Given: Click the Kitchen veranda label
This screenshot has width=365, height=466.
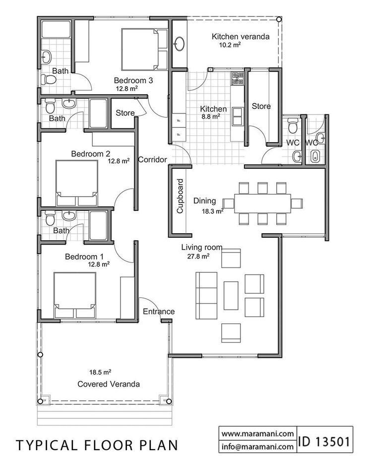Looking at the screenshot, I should click(x=234, y=37).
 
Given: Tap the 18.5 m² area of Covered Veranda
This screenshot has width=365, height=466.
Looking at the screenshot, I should click(x=100, y=371).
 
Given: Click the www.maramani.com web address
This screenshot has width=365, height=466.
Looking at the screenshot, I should click(x=257, y=433).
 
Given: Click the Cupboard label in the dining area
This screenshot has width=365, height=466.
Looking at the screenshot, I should click(x=180, y=196).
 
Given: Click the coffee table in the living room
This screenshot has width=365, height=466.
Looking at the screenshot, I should click(x=231, y=296).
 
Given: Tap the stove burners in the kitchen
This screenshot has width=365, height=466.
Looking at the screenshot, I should click(x=236, y=78).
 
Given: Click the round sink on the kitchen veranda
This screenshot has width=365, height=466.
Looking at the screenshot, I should click(x=179, y=44).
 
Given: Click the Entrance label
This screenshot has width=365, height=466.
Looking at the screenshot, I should click(x=159, y=311).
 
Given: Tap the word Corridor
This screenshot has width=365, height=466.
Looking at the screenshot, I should click(x=152, y=159).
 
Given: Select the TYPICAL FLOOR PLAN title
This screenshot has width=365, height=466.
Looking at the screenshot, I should click(x=97, y=445).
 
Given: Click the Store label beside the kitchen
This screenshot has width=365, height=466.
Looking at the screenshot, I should click(x=261, y=106).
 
